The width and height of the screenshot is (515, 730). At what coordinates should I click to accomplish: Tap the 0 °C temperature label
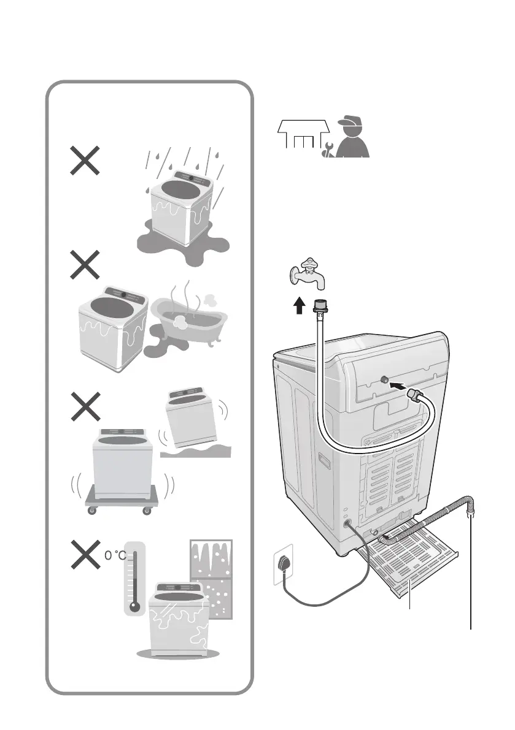[x=115, y=555]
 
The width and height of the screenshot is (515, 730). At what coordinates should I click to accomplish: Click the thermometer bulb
[x=135, y=607]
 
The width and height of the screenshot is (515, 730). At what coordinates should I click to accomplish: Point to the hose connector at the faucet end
[x=319, y=306]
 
